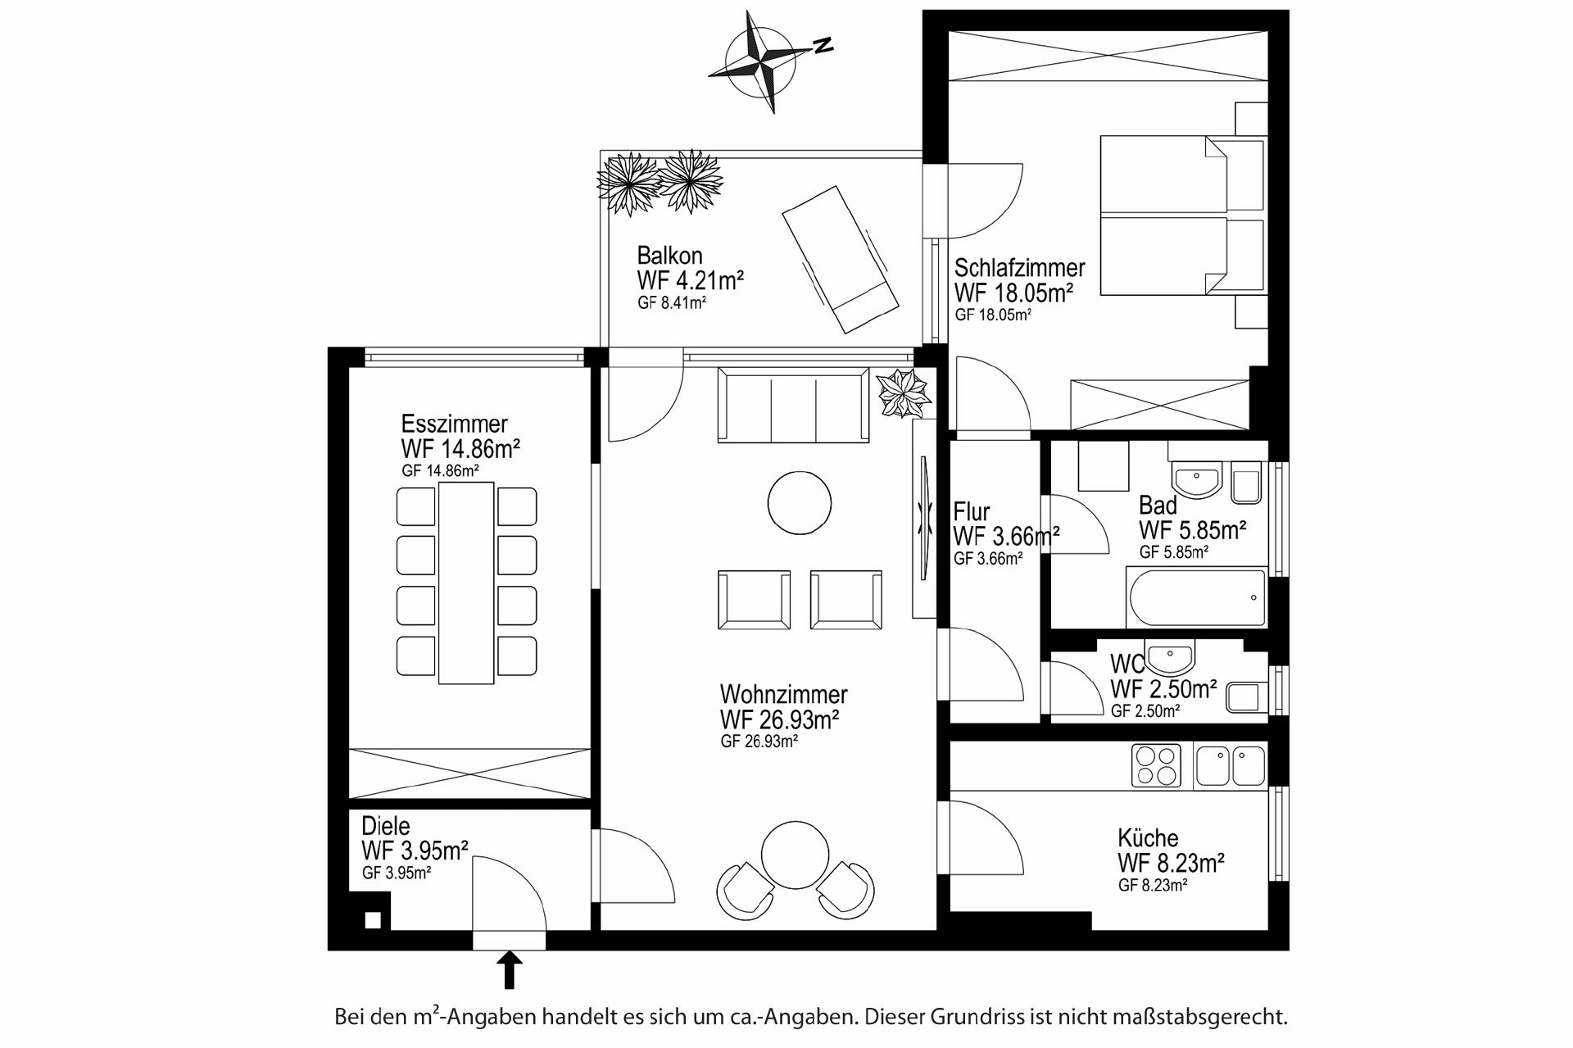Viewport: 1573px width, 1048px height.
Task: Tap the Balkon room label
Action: [669, 255]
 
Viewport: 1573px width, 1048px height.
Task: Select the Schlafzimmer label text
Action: [1019, 268]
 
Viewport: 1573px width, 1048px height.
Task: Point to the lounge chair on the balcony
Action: [839, 259]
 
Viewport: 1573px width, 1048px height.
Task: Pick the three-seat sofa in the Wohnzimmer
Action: [793, 406]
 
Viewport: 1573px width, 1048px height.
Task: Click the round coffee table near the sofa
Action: [800, 503]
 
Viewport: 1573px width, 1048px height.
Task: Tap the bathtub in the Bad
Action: [1197, 597]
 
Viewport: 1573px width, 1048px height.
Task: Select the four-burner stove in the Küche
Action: [1156, 765]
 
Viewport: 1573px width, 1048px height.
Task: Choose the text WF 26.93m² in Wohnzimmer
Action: [779, 719]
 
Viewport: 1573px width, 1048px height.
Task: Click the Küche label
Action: [1148, 838]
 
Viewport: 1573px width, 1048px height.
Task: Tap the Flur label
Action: [972, 513]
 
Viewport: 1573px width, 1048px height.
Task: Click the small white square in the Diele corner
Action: [373, 920]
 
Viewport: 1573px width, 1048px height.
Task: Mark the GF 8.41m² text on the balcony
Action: [672, 302]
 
